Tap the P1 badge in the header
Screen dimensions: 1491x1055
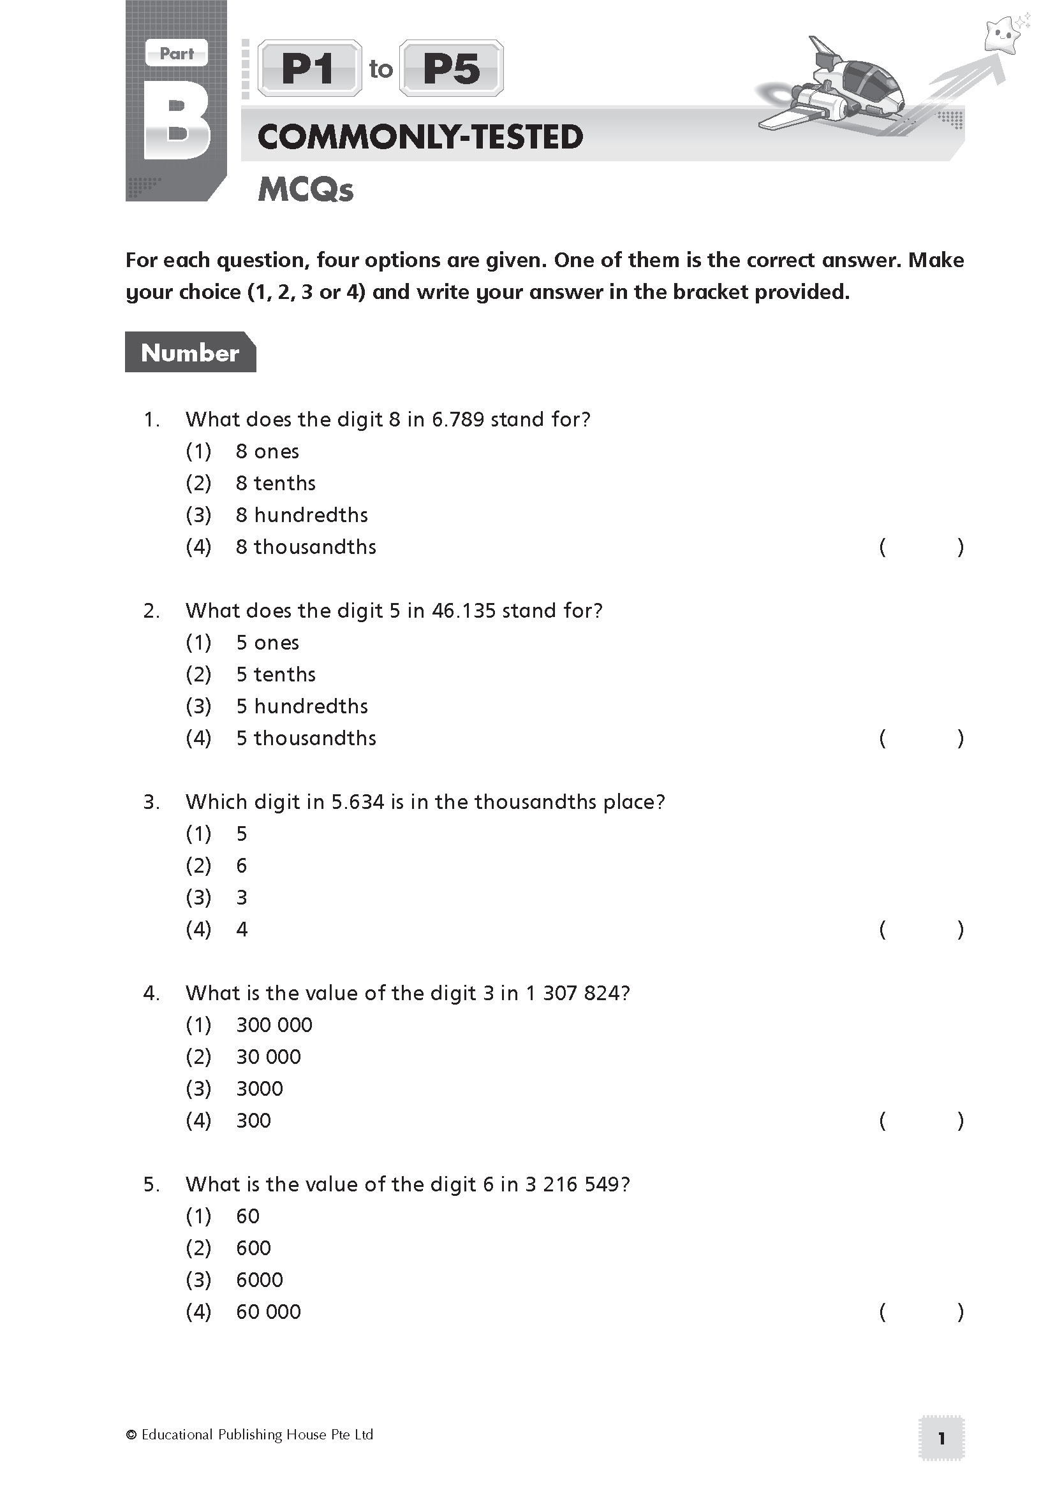click(309, 69)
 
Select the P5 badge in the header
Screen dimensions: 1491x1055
click(452, 69)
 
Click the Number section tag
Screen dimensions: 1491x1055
click(189, 353)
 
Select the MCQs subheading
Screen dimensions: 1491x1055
click(306, 189)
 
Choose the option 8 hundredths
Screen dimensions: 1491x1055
click(302, 515)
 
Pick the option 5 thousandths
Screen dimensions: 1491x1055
click(306, 738)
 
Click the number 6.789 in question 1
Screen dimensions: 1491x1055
click(458, 419)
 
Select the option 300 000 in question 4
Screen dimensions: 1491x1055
click(274, 1026)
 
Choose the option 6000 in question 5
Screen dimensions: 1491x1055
click(259, 1280)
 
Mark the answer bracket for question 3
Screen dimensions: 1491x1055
click(921, 930)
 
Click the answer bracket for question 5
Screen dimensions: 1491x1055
click(921, 1313)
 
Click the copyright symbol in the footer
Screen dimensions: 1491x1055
click(131, 1435)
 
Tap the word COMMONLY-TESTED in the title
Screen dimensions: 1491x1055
click(420, 137)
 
